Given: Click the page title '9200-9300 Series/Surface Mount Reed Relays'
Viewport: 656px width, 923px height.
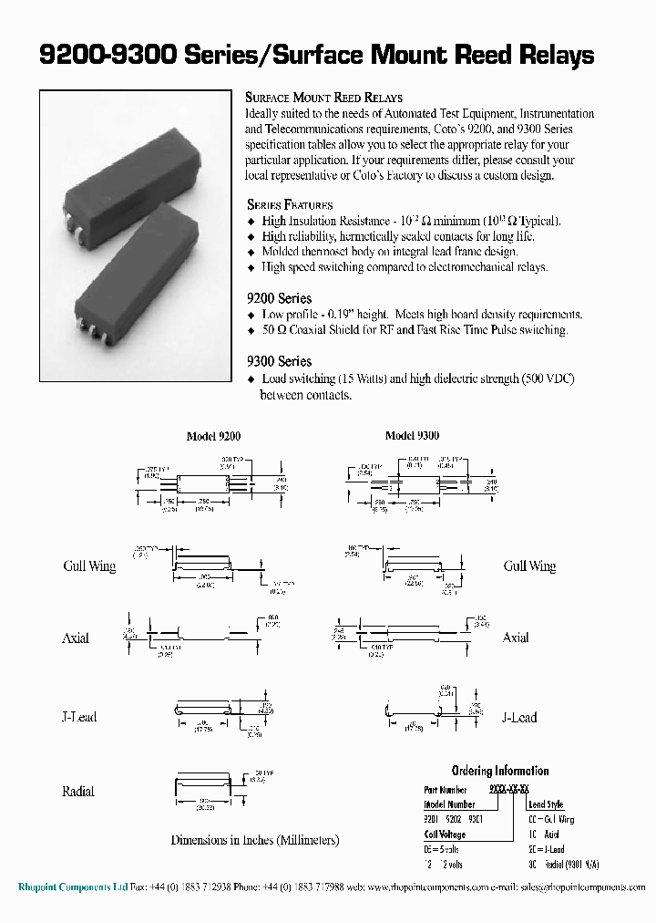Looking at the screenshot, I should [316, 56].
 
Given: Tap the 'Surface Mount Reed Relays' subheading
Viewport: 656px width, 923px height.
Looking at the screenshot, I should [323, 98].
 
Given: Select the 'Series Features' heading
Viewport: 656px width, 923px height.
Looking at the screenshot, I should [290, 205].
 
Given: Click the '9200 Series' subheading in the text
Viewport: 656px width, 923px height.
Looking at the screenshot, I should [279, 298].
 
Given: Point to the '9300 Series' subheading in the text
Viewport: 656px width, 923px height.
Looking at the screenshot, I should [279, 361].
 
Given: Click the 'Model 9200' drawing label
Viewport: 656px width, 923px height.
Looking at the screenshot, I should [213, 437].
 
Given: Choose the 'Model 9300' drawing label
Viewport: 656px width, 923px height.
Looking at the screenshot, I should [412, 436].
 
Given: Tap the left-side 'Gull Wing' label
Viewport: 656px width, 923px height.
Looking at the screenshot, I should [89, 566].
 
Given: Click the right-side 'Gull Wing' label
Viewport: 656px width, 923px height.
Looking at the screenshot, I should [529, 566].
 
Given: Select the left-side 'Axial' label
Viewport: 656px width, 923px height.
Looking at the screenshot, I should [76, 638].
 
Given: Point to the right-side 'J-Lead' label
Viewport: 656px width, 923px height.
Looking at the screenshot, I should [519, 718].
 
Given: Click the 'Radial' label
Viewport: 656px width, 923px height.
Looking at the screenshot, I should [77, 792].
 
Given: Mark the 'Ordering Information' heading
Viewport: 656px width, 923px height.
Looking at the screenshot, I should [499, 771].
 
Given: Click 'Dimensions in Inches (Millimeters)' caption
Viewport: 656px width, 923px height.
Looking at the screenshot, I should [255, 840].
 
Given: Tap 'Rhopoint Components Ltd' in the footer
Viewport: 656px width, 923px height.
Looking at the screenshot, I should [73, 887].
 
